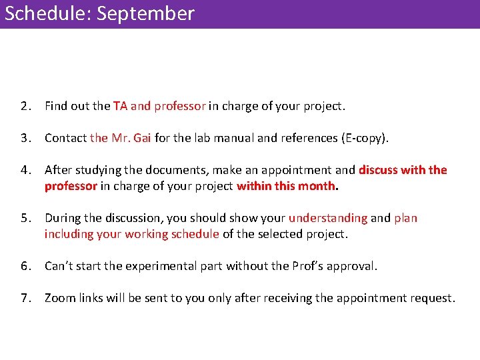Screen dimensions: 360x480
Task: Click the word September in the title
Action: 145,14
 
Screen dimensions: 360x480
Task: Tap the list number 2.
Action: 25,106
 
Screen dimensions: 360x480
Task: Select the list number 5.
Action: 25,218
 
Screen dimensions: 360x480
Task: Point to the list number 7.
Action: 25,298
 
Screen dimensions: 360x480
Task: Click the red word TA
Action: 120,106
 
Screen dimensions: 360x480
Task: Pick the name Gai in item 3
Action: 142,138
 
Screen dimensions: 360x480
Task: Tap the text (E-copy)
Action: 364,138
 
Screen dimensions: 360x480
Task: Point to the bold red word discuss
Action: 381,170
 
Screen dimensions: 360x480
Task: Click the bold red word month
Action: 317,186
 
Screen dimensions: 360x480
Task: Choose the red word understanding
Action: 327,218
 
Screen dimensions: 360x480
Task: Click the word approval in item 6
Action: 352,266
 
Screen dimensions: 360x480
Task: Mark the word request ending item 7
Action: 431,298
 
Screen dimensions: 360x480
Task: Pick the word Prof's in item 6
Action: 309,266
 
